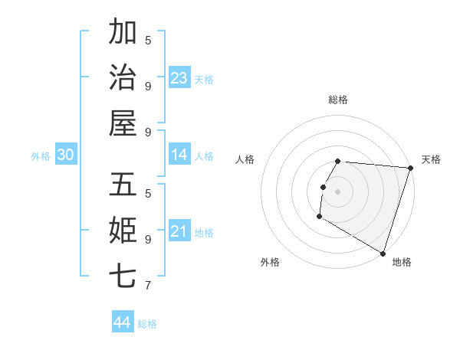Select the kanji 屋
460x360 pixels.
point(123,122)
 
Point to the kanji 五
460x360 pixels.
point(123,185)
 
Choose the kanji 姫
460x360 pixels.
point(123,230)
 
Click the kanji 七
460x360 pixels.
point(123,275)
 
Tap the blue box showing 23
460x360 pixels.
point(179,78)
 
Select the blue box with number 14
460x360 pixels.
point(179,155)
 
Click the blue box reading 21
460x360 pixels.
point(179,231)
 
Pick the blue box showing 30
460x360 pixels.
point(66,155)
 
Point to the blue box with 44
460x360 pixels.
point(123,322)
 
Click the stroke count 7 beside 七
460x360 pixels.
point(148,286)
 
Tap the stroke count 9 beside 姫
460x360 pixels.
point(148,239)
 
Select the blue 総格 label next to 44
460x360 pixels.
point(147,324)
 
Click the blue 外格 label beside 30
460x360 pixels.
point(41,156)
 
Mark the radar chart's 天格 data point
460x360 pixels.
point(410,168)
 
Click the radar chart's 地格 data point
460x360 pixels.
point(382,253)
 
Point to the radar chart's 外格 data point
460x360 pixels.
point(319,217)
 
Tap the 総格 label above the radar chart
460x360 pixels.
point(338,100)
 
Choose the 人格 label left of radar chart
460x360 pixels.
point(245,159)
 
